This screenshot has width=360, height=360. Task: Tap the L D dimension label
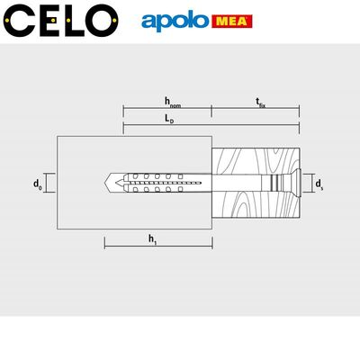pos(168,119)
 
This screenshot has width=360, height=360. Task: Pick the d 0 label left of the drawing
pos(38,184)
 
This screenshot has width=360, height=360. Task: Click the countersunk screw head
pos(292,182)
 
